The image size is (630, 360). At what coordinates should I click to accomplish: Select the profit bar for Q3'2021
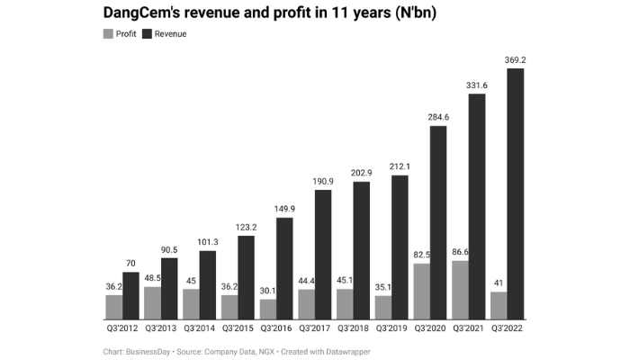pyautogui.click(x=459, y=290)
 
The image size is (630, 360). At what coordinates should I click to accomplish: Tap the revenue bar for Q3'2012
pyautogui.click(x=131, y=296)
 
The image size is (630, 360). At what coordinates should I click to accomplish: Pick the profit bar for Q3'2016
pyautogui.click(x=267, y=310)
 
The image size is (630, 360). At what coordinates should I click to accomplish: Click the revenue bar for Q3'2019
pyautogui.click(x=400, y=247)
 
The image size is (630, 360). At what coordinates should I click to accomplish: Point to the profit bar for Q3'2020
pyautogui.click(x=421, y=292)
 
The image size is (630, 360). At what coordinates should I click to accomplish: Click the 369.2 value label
pyautogui.click(x=516, y=59)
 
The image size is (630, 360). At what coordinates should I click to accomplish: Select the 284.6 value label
pyautogui.click(x=438, y=117)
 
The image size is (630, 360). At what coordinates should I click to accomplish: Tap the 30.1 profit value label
pyautogui.click(x=267, y=290)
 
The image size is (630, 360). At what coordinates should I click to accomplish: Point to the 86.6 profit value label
pyautogui.click(x=459, y=251)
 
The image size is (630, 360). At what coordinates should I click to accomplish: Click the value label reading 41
pyautogui.click(x=498, y=283)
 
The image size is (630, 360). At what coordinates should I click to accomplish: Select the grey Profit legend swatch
pyautogui.click(x=109, y=33)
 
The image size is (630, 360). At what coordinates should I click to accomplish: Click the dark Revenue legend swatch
pyautogui.click(x=148, y=33)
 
